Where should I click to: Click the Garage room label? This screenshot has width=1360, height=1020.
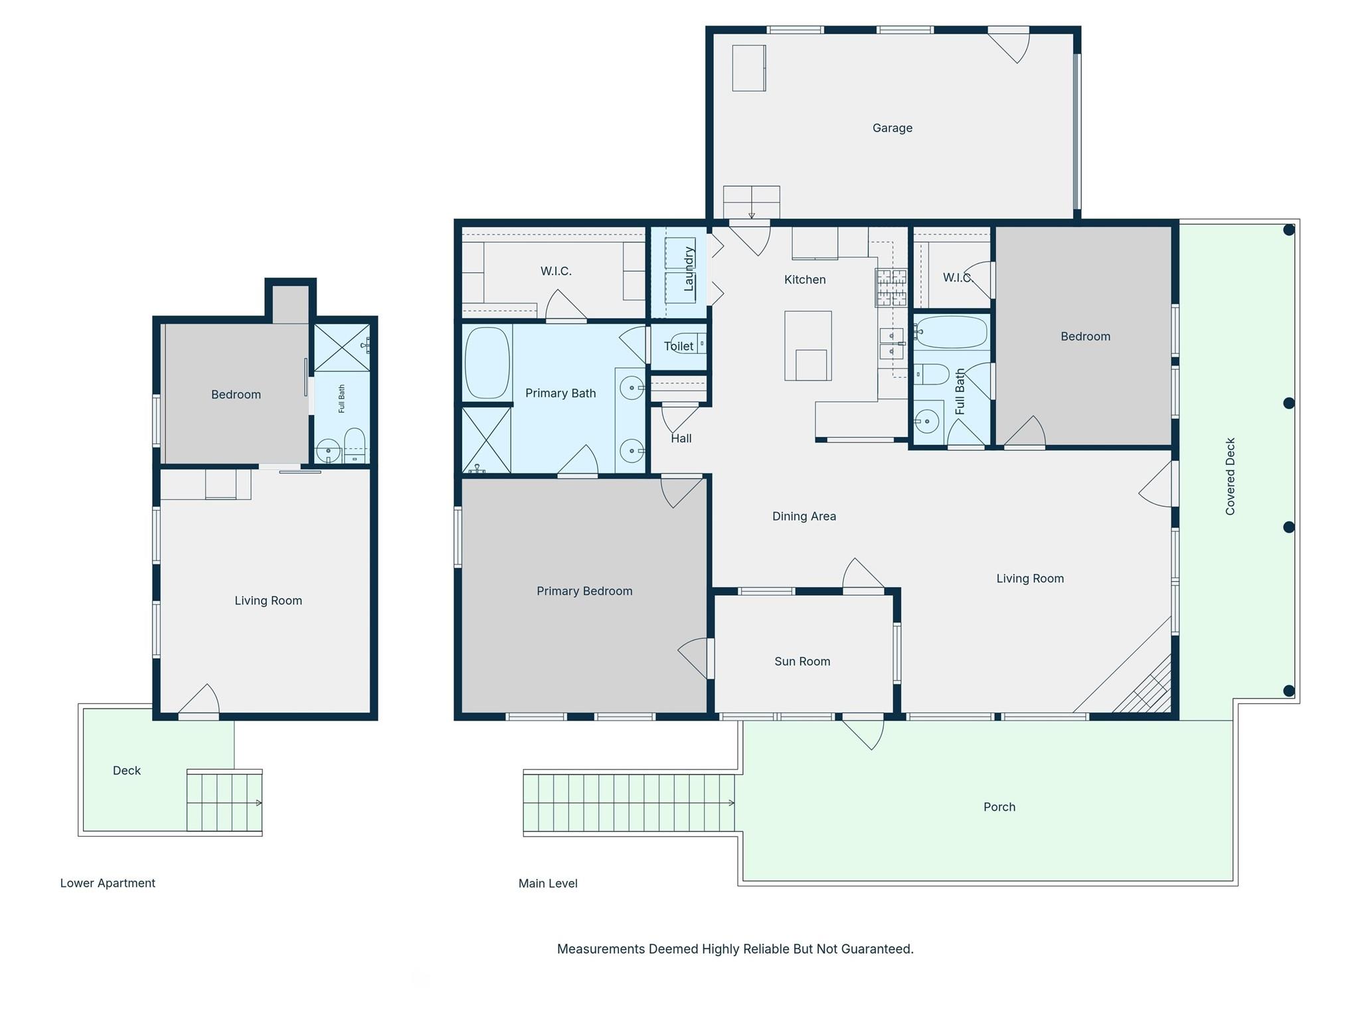click(892, 128)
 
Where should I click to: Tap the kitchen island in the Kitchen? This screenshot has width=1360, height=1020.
click(807, 345)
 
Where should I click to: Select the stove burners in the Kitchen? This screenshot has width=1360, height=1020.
click(891, 288)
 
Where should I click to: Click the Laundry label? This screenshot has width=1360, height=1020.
click(689, 269)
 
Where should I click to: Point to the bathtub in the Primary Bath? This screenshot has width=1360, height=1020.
click(487, 363)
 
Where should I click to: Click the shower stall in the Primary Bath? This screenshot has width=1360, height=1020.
click(486, 440)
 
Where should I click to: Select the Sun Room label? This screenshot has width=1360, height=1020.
click(802, 661)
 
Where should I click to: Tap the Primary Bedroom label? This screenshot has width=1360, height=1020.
click(584, 591)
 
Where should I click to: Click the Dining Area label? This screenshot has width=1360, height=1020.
click(804, 516)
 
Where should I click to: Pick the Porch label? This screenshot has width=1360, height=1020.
click(999, 807)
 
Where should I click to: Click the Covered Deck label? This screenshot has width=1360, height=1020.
click(1230, 476)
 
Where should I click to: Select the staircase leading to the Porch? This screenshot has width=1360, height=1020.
click(628, 804)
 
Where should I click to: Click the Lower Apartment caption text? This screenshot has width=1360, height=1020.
click(108, 883)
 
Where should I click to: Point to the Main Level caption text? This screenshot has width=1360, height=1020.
click(548, 883)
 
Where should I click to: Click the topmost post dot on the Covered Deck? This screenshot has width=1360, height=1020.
click(1288, 230)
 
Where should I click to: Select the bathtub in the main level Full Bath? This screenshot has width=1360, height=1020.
click(950, 332)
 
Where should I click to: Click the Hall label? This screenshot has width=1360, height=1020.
click(681, 438)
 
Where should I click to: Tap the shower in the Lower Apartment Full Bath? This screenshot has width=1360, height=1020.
click(341, 347)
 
